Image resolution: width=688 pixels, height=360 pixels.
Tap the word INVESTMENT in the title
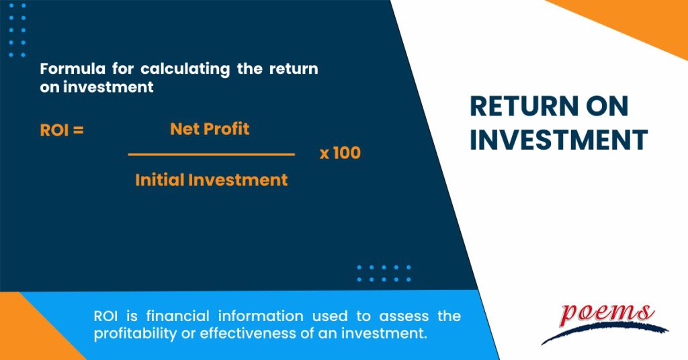[558, 140]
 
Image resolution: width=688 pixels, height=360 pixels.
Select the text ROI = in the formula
[62, 130]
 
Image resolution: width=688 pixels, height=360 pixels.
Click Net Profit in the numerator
[210, 129]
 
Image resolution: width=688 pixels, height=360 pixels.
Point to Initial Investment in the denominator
[211, 180]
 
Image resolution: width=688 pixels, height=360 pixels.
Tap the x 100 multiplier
[340, 153]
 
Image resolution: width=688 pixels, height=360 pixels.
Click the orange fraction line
[211, 154]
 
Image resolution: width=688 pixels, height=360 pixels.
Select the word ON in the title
[606, 107]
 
